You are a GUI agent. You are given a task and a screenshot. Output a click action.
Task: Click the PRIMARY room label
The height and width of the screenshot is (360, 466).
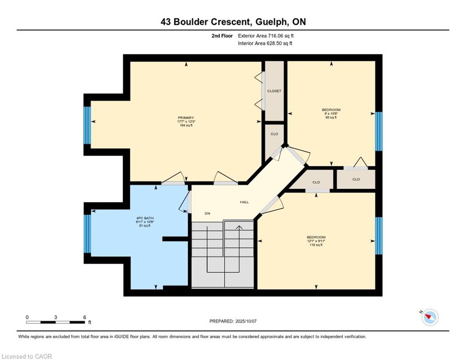186,118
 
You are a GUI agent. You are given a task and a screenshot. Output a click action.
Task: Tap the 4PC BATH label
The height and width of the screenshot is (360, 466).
145,218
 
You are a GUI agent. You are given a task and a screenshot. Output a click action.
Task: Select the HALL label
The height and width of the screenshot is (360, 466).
244,202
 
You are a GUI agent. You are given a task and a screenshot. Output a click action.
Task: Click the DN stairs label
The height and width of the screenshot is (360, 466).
207,213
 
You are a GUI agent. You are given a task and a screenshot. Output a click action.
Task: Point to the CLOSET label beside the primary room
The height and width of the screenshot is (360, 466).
274,91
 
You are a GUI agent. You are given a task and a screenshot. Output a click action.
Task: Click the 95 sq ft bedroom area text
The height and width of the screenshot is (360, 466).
331,118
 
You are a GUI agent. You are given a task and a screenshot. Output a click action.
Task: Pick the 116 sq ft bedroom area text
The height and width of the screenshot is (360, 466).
316,245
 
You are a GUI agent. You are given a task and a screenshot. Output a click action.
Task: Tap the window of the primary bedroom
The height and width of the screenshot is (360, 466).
87,125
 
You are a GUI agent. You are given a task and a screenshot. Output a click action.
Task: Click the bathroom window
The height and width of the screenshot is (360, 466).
87,233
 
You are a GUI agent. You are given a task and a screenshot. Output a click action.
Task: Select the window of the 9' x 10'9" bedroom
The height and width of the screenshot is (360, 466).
379,131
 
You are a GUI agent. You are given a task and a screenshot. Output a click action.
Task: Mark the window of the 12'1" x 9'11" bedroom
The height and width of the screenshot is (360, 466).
379,236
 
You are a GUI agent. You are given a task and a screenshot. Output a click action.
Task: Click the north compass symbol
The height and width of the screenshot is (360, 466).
430,317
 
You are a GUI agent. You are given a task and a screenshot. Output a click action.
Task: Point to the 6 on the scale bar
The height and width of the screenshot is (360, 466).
85,317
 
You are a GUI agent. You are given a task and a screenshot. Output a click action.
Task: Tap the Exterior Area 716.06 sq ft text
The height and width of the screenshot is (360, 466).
266,36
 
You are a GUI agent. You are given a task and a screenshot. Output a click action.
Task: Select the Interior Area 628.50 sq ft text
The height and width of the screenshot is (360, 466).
265,44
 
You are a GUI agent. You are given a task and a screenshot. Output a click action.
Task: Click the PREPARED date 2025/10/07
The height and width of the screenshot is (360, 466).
246,322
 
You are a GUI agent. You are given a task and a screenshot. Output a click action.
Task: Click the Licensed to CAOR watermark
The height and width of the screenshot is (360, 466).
27,356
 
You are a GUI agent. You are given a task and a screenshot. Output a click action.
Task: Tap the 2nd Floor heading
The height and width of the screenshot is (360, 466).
222,36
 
